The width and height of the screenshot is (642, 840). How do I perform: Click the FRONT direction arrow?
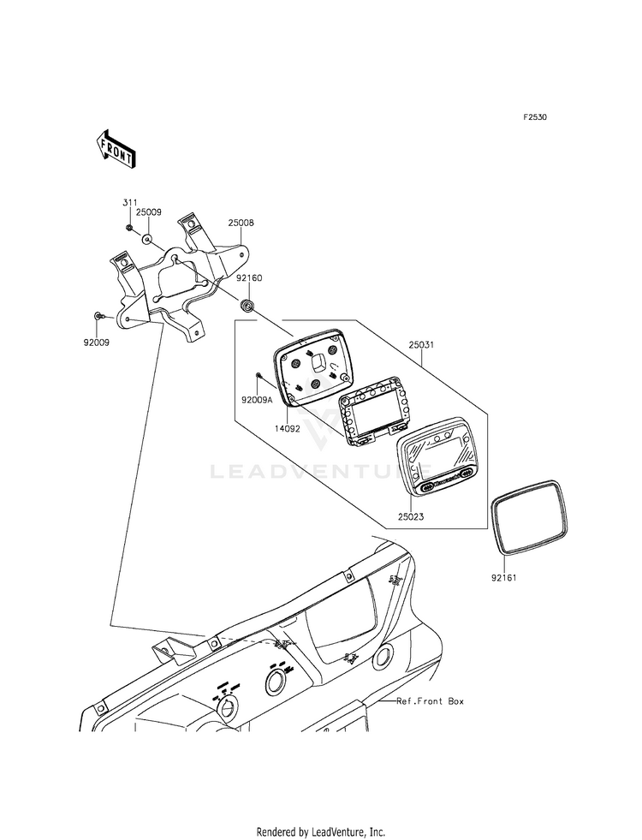(x=115, y=149)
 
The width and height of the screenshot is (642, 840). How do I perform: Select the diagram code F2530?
(x=535, y=116)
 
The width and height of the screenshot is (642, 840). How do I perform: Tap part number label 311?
(x=129, y=202)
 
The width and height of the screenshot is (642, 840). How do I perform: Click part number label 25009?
(x=148, y=212)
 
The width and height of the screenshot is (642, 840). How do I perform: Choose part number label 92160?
(x=250, y=278)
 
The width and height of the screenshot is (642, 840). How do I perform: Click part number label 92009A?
(x=257, y=399)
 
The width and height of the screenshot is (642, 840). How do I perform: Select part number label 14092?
(x=287, y=429)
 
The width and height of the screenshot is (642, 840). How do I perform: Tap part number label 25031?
(x=421, y=345)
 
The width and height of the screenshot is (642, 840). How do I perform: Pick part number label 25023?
(x=411, y=517)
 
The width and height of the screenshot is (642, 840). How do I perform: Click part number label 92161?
(x=504, y=578)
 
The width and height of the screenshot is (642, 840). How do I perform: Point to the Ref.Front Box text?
(x=430, y=700)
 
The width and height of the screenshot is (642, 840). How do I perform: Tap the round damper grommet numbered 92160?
(x=248, y=306)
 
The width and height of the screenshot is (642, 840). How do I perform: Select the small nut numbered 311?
(x=130, y=229)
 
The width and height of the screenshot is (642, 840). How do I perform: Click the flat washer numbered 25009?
(x=147, y=237)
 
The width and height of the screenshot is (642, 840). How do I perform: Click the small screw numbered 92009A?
(x=259, y=375)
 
